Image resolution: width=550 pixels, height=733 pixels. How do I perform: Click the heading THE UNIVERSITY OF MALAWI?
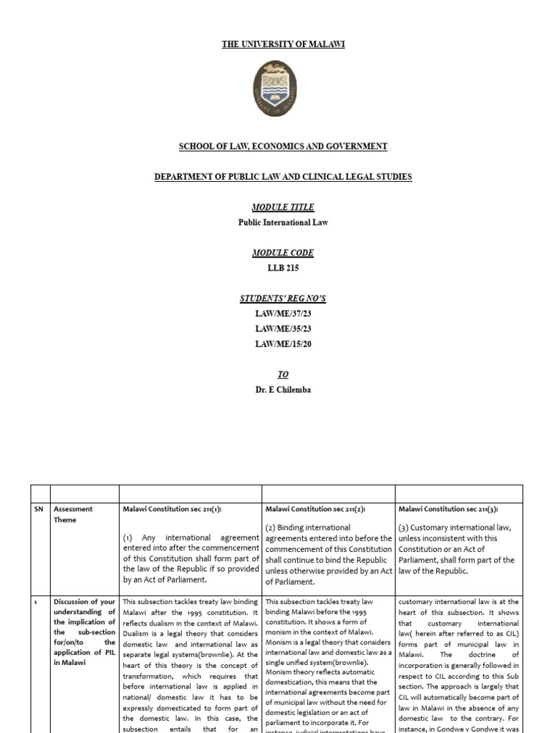[283, 44]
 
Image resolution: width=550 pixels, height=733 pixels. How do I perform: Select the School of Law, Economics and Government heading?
[283, 146]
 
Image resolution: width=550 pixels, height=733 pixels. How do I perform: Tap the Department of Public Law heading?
[283, 177]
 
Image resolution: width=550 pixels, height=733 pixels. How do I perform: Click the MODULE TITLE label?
[283, 207]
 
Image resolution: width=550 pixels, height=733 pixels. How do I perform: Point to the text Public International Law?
[283, 223]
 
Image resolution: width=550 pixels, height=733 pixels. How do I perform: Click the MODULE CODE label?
[283, 253]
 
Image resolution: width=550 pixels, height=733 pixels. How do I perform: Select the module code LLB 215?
[283, 268]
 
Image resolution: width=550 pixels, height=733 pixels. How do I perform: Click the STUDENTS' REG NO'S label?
[283, 298]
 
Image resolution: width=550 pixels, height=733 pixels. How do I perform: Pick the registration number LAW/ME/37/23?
[283, 314]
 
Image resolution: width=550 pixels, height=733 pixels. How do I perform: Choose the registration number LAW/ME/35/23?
[283, 329]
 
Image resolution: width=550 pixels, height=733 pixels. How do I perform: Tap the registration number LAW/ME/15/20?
[283, 344]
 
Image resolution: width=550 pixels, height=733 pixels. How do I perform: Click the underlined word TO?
[283, 374]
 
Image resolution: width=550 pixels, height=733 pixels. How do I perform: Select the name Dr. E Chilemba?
[283, 390]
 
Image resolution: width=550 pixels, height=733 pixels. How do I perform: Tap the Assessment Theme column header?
[74, 515]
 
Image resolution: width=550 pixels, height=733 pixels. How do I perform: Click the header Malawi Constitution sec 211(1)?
[172, 509]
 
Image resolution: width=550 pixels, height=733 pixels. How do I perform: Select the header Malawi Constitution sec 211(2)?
[314, 509]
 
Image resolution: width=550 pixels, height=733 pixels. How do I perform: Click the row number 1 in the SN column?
[35, 603]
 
